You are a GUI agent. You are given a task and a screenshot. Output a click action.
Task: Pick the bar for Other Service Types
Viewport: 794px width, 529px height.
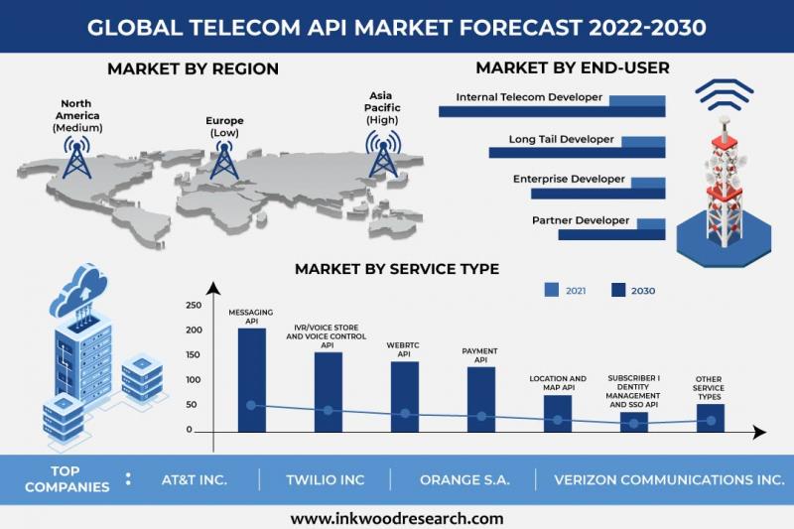pos(710,417)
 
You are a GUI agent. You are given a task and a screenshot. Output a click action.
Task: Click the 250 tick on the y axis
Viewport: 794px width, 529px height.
pos(195,305)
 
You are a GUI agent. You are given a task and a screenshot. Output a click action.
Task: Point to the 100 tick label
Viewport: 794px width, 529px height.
pos(195,380)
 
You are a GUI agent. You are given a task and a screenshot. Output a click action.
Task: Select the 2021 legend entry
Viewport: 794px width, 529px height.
pos(565,290)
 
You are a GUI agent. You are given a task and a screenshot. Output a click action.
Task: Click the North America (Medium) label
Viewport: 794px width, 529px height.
pos(76,116)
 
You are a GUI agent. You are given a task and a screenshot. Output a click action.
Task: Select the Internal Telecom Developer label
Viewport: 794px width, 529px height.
pos(529,97)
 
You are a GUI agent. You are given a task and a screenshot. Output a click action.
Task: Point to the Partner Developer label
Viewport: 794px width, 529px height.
pos(581,220)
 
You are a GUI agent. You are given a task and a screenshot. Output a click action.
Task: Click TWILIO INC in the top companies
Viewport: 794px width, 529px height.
pos(325,479)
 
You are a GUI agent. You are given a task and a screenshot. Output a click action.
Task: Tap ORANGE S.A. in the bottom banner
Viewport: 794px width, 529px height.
pos(464,479)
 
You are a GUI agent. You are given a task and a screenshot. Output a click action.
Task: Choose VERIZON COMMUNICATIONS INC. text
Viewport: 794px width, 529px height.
pos(669,479)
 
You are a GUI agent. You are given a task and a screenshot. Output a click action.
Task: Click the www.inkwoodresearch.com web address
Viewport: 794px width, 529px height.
pos(397,518)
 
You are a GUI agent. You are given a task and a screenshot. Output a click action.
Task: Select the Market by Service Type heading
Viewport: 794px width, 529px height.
pos(397,269)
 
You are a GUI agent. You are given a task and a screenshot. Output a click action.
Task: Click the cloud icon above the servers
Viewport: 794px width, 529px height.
pos(80,287)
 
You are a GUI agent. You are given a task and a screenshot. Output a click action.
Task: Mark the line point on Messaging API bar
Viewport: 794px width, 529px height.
pos(251,405)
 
